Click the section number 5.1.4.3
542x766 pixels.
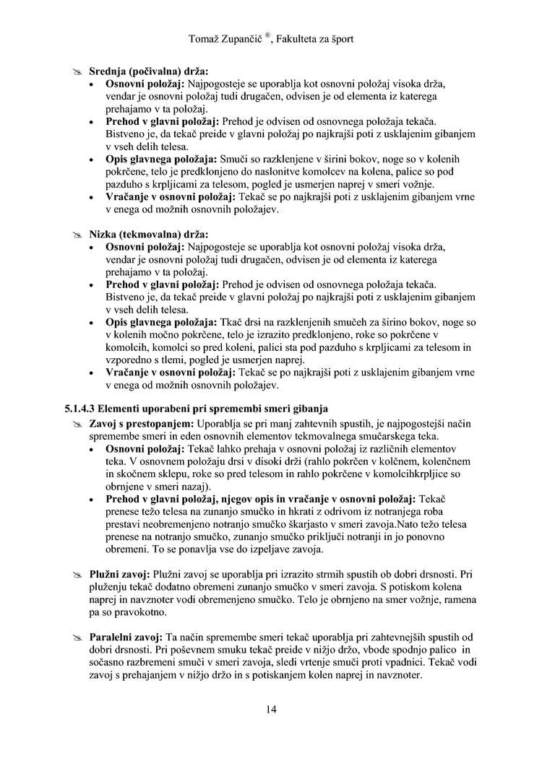tap(82, 409)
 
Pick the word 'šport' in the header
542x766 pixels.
tap(339, 38)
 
